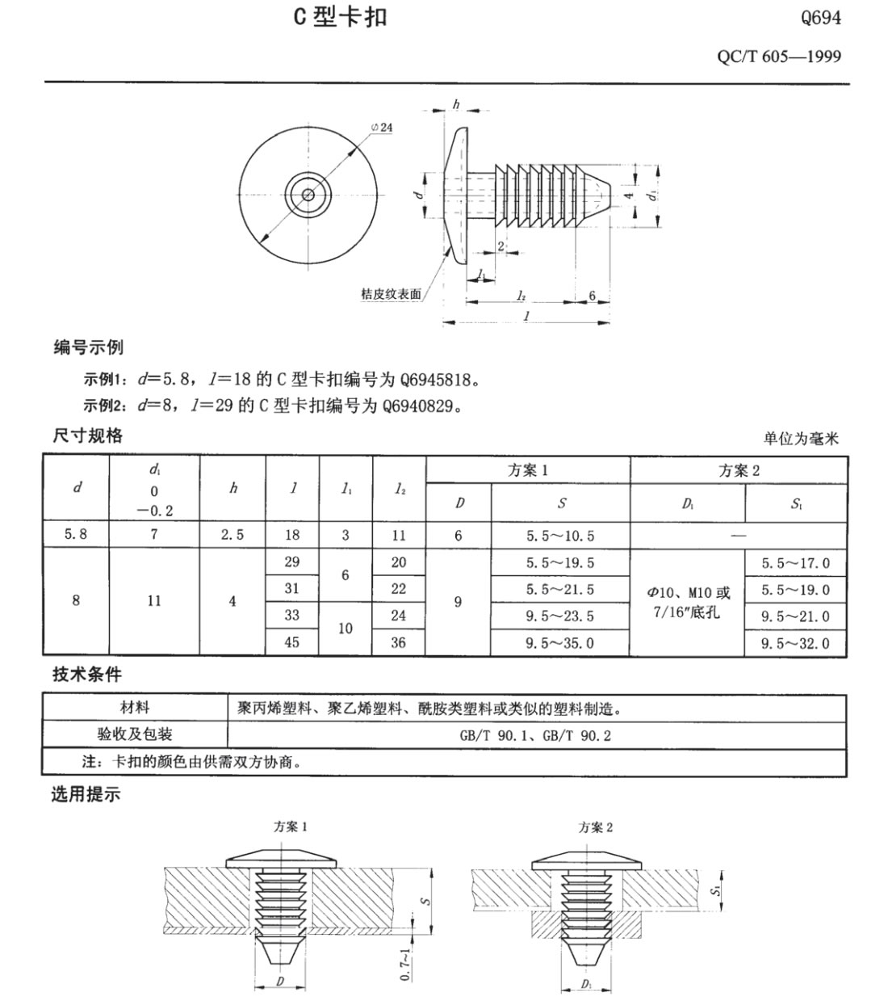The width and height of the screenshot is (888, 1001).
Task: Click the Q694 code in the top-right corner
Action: (x=820, y=18)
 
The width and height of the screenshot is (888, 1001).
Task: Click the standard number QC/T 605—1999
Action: (x=778, y=57)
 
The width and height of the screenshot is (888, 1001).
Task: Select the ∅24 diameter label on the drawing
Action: (x=382, y=128)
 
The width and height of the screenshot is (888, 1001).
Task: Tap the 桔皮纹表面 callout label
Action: (x=391, y=295)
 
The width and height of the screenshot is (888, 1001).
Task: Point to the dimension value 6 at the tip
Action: (x=593, y=296)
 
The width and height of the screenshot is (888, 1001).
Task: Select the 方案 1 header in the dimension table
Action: (x=528, y=471)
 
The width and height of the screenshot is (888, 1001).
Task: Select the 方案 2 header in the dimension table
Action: (x=739, y=471)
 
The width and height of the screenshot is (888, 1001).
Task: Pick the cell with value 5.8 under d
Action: (x=76, y=535)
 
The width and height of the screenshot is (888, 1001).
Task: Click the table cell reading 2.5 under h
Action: (x=232, y=535)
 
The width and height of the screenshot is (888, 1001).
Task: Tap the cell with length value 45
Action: (x=292, y=642)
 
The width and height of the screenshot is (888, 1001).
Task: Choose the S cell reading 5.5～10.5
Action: (x=560, y=536)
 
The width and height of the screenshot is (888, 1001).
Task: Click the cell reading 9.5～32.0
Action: (x=795, y=643)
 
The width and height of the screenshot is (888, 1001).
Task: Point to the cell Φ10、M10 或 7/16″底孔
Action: (x=687, y=603)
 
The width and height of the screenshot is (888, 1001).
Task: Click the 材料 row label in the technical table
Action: (x=135, y=709)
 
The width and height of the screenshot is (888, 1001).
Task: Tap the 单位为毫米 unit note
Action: (x=801, y=439)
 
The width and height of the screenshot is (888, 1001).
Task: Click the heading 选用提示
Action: (x=86, y=795)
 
